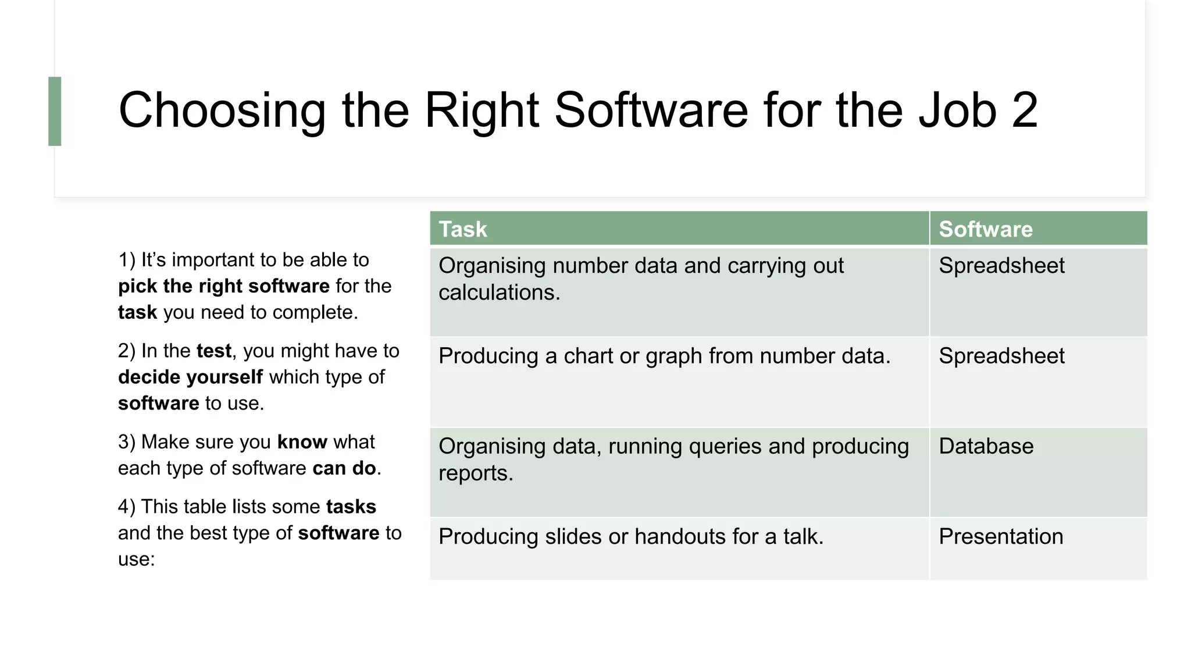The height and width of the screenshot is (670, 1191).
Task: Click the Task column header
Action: point(463,229)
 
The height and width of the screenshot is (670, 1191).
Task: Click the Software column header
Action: point(986,229)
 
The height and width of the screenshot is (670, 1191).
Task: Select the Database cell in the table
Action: point(986,447)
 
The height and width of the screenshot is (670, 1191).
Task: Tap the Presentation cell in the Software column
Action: point(1001,537)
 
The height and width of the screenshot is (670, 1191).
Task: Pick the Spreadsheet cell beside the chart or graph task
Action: point(1001,356)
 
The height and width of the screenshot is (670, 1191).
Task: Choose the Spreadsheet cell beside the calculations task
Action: point(1001,266)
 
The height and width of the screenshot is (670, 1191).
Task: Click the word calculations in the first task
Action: point(498,293)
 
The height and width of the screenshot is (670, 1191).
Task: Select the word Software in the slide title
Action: point(651,110)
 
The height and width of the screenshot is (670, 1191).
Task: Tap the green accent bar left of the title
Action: point(55,111)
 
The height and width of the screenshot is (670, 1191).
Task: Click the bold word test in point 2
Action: point(213,351)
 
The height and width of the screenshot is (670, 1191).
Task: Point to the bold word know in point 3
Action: point(302,442)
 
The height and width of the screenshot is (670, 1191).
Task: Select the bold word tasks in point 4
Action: point(351,507)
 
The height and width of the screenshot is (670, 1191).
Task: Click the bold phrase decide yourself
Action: point(190,377)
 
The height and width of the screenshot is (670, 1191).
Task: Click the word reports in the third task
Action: point(475,473)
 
